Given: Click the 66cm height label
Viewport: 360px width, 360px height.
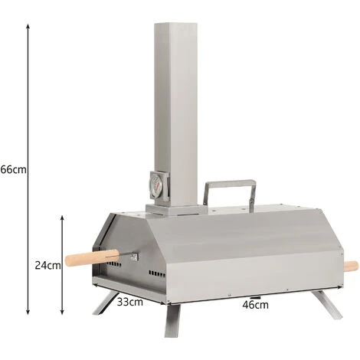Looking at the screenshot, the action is tap(13, 169).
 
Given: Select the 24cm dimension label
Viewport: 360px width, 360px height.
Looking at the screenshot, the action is tap(47, 266).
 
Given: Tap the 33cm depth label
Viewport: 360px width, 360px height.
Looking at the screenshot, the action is tap(130, 302).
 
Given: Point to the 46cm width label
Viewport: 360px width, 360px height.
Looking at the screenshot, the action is tap(255, 305).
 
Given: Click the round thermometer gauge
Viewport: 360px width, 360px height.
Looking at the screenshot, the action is tap(156, 185).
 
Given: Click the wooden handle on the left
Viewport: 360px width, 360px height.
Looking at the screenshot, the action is tap(92, 258).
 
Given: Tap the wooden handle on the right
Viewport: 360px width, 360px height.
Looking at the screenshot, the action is tap(351, 267).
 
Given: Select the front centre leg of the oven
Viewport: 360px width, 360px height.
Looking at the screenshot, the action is tap(172, 320).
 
